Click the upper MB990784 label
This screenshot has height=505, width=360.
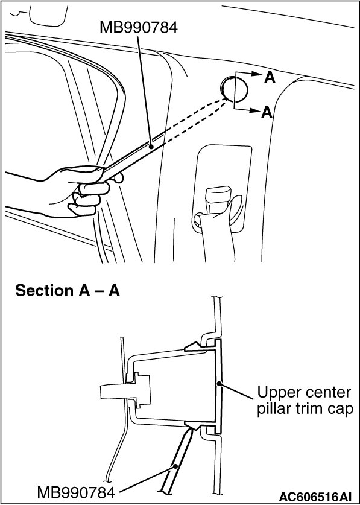[139, 27]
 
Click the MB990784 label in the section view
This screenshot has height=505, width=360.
[76, 492]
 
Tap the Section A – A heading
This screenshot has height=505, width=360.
[68, 290]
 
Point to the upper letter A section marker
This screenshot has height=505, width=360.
[270, 78]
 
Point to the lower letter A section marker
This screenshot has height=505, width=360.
[267, 112]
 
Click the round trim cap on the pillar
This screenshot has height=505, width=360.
[235, 87]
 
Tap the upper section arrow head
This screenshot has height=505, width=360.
[257, 74]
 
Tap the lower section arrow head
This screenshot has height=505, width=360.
[254, 111]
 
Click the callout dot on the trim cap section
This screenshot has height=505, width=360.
[219, 384]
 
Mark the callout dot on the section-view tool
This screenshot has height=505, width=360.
[175, 466]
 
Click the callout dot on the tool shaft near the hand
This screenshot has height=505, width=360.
[151, 146]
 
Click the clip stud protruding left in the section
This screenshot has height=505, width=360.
[125, 391]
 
